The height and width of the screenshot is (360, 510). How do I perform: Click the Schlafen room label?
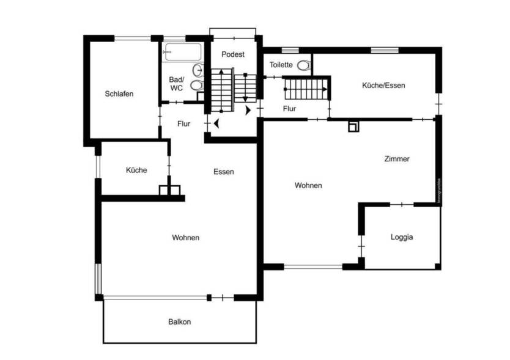[x=119, y=94]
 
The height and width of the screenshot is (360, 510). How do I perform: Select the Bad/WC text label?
[x=176, y=84]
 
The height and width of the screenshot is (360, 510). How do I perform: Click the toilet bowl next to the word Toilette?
[x=303, y=65]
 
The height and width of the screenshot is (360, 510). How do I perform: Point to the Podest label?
[x=233, y=54]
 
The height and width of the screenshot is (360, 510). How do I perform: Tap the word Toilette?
[x=281, y=65]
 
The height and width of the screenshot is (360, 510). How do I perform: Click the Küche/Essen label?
[x=383, y=86]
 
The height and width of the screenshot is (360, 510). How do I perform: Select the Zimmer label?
[x=397, y=159]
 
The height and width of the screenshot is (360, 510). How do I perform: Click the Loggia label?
[x=402, y=237]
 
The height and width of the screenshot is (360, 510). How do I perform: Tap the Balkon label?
[x=180, y=321]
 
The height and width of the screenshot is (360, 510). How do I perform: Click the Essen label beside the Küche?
[x=224, y=172]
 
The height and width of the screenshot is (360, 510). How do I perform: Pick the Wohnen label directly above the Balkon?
[x=185, y=238]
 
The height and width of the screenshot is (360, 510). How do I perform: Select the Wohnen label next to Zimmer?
[x=308, y=185]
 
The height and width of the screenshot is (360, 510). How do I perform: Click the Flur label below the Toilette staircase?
[x=290, y=109]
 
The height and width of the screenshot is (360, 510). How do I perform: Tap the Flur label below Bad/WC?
[x=183, y=123]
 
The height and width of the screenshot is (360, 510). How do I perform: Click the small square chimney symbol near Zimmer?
[x=353, y=127]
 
